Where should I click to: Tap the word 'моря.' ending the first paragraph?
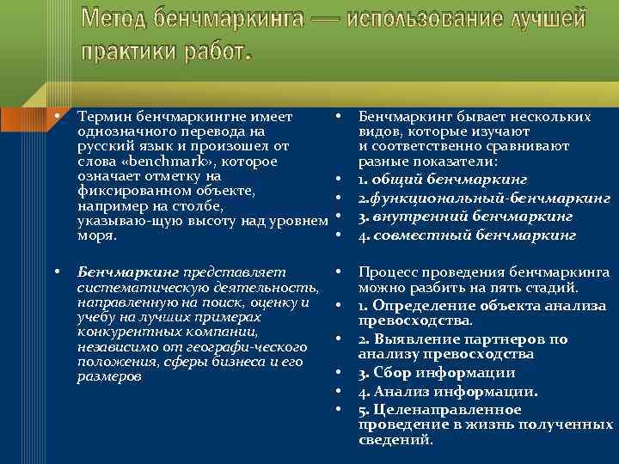93,235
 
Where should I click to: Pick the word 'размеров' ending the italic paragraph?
107,377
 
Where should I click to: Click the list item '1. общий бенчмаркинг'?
442,179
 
